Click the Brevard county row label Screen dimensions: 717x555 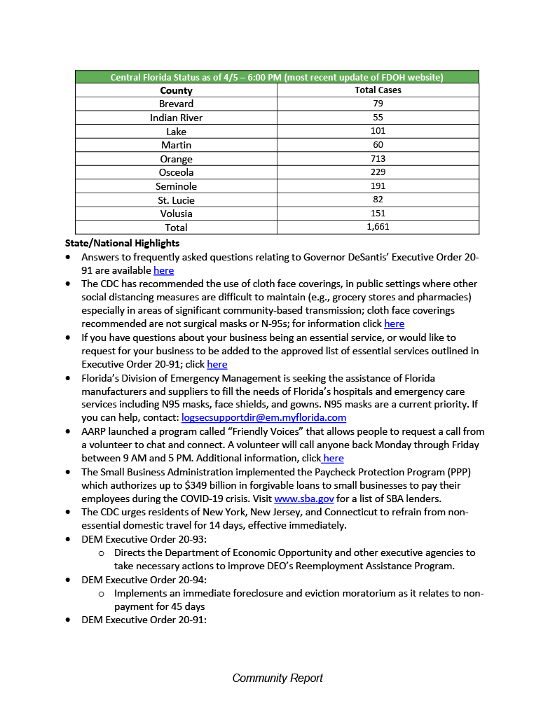click(x=176, y=104)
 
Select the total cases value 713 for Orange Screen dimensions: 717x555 click(x=378, y=159)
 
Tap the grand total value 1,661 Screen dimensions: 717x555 click(x=378, y=227)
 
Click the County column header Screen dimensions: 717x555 click(x=176, y=90)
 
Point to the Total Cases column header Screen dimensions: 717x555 click(x=378, y=90)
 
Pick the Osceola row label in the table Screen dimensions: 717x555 click(x=176, y=172)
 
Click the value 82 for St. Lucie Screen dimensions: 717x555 click(x=378, y=200)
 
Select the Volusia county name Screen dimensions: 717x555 click(x=176, y=214)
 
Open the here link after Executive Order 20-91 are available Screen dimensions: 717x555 click(x=163, y=270)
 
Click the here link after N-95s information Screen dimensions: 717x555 click(x=394, y=323)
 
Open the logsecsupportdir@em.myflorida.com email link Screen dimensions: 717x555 click(x=263, y=417)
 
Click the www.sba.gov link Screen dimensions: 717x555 click(x=298, y=499)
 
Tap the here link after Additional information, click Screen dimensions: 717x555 click(x=333, y=458)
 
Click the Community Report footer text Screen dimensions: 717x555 click(x=277, y=678)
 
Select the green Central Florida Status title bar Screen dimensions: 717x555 click(x=277, y=77)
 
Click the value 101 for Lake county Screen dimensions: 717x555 click(x=378, y=131)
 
